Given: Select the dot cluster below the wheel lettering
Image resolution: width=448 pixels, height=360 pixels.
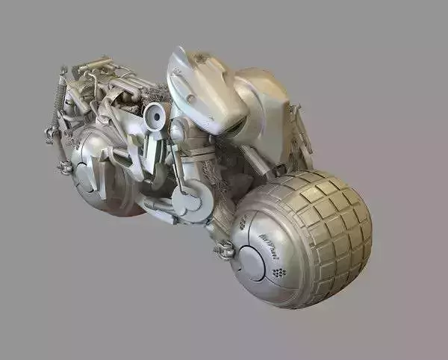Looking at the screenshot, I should pyautogui.click(x=279, y=272).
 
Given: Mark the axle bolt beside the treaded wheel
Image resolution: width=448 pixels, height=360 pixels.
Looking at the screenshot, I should pyautogui.click(x=223, y=251).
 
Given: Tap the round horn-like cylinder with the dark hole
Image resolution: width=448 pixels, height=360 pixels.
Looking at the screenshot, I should pyautogui.click(x=155, y=116).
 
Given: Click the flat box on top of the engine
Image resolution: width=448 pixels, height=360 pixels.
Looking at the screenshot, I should pyautogui.click(x=93, y=66).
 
